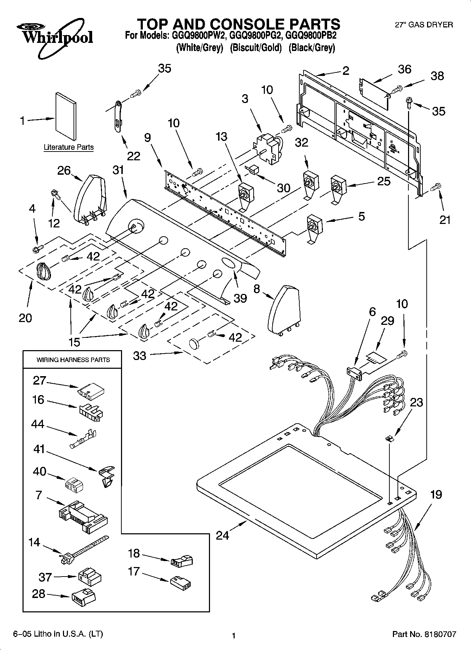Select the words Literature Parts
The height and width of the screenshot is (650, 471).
point(69,147)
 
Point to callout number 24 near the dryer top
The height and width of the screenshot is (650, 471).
point(222,535)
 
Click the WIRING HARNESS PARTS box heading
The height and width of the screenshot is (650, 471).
point(73,360)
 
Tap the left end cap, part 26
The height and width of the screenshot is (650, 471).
point(90,198)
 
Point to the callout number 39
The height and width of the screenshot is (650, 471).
point(240,298)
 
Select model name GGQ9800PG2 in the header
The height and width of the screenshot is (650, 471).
point(254,36)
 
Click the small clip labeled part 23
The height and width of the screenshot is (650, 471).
point(389,438)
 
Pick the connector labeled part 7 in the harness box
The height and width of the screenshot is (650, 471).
point(82,515)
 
